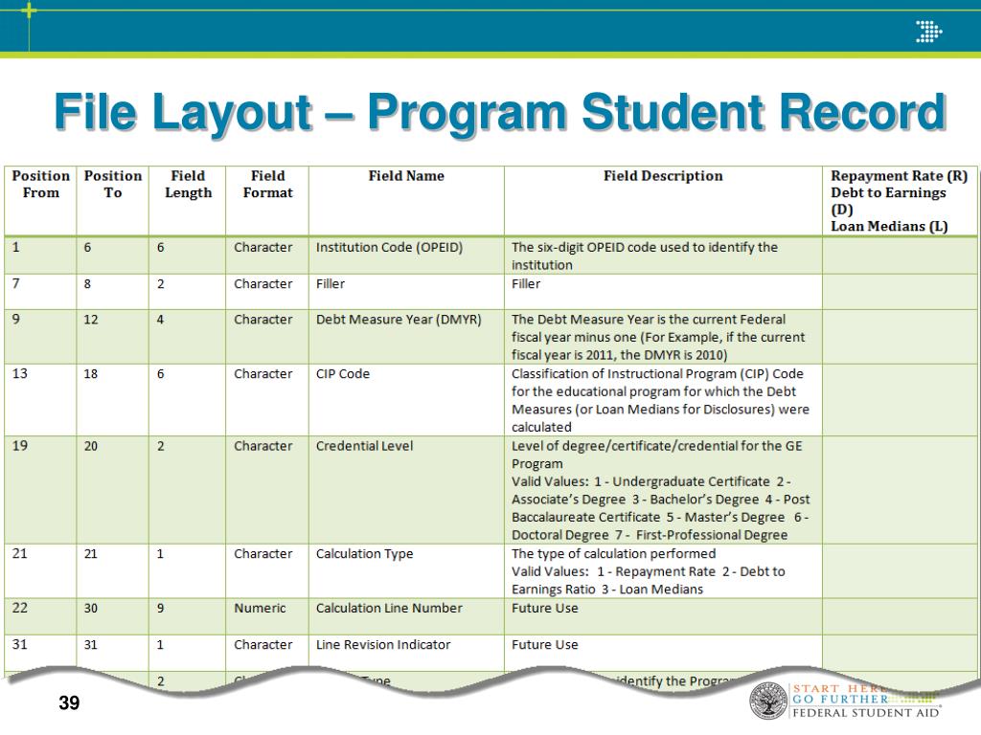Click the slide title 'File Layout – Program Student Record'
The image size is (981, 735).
499,114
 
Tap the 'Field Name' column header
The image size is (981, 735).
406,176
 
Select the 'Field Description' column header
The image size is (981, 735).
663,176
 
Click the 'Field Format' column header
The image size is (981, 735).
267,185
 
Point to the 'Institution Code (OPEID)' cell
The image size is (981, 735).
389,248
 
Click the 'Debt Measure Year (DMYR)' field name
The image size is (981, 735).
399,320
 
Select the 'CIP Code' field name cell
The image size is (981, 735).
343,374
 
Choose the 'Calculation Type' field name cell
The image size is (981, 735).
364,554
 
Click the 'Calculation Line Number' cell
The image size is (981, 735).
389,609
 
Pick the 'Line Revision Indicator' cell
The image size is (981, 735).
383,645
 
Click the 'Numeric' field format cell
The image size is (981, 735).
260,609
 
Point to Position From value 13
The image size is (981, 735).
20,374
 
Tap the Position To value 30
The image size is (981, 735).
91,609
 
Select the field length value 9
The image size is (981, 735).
161,609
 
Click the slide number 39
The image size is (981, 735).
68,704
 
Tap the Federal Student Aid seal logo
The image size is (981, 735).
767,702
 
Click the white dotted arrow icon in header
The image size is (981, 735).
928,32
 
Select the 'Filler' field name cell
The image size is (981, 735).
331,284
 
